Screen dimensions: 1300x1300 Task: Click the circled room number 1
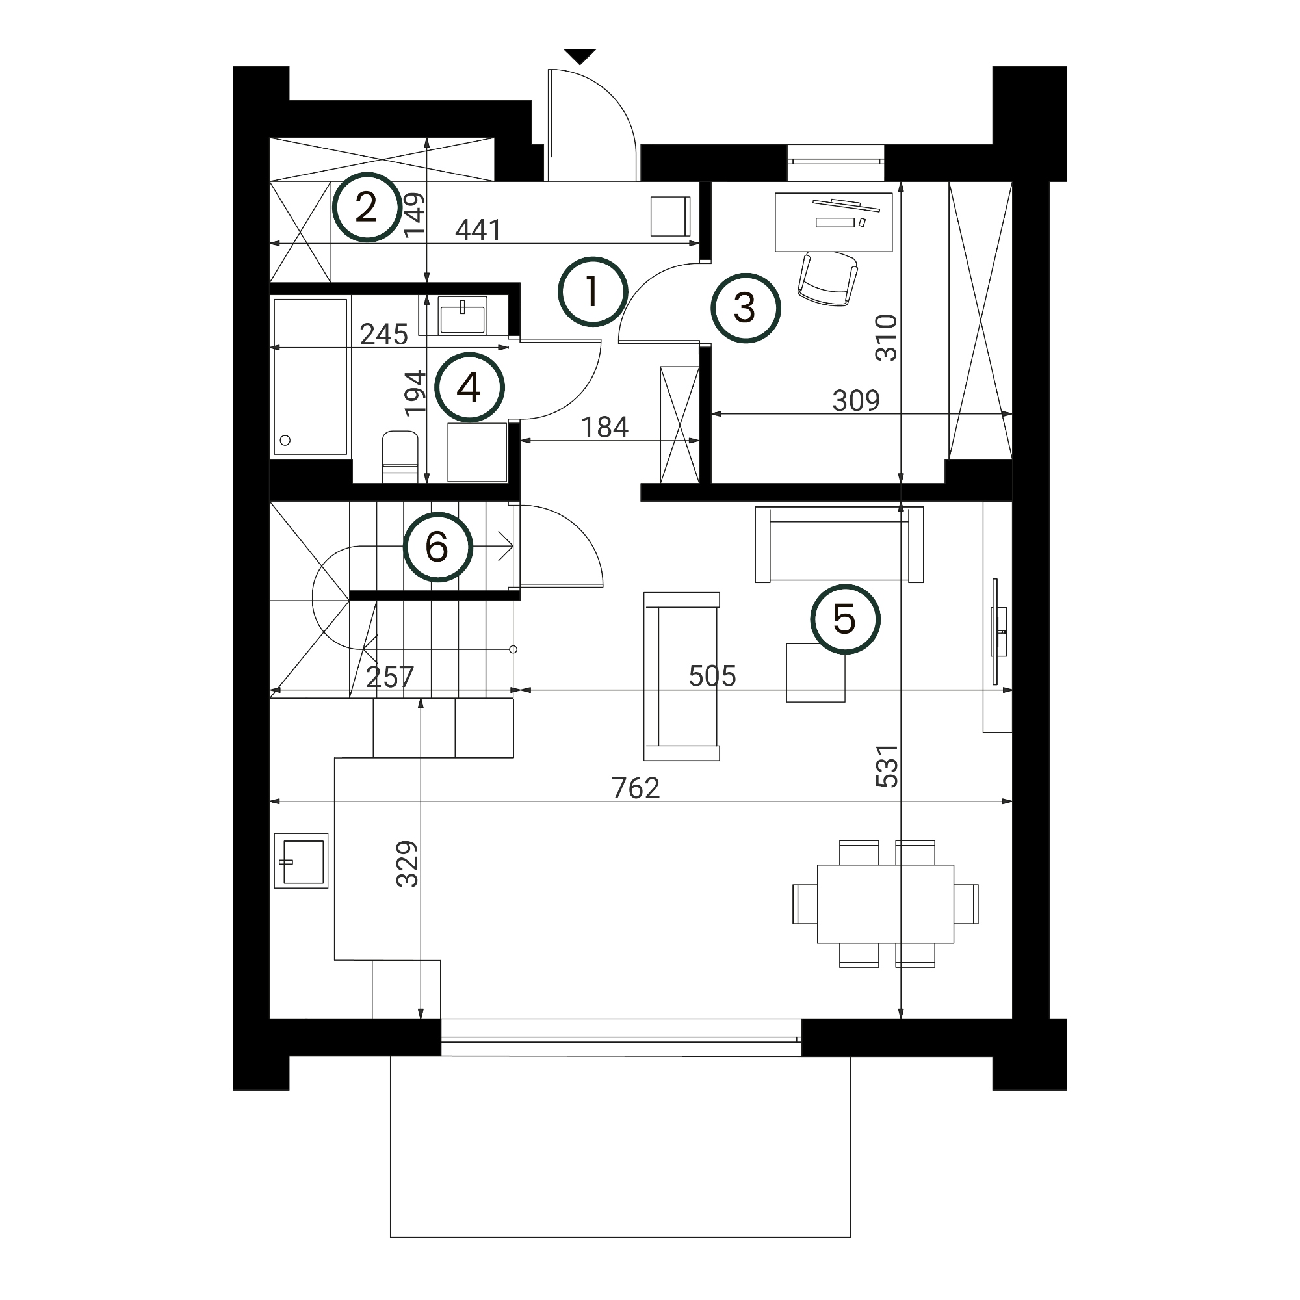click(x=592, y=292)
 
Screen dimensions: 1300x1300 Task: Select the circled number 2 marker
click(x=367, y=207)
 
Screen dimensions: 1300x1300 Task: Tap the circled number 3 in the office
click(x=746, y=308)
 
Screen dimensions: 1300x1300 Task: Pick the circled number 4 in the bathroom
click(x=469, y=387)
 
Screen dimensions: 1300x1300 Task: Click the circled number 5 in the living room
click(x=845, y=619)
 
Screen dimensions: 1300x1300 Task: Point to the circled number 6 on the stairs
click(x=438, y=547)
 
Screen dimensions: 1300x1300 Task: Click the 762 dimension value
click(x=636, y=788)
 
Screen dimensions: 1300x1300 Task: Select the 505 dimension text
click(x=712, y=675)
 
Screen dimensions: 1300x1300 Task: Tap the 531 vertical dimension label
click(x=887, y=766)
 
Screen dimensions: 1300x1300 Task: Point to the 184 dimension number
click(x=604, y=427)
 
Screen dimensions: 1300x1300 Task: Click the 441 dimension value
click(x=478, y=230)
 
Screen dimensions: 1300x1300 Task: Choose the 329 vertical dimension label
click(x=407, y=864)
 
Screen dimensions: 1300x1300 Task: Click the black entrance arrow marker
click(x=580, y=57)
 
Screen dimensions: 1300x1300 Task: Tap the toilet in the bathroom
click(x=400, y=456)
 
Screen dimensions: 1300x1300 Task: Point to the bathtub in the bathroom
click(x=310, y=377)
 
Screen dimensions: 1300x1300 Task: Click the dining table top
click(x=885, y=903)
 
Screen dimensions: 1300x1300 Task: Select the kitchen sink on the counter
click(x=301, y=861)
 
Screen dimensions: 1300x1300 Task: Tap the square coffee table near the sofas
click(x=816, y=673)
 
